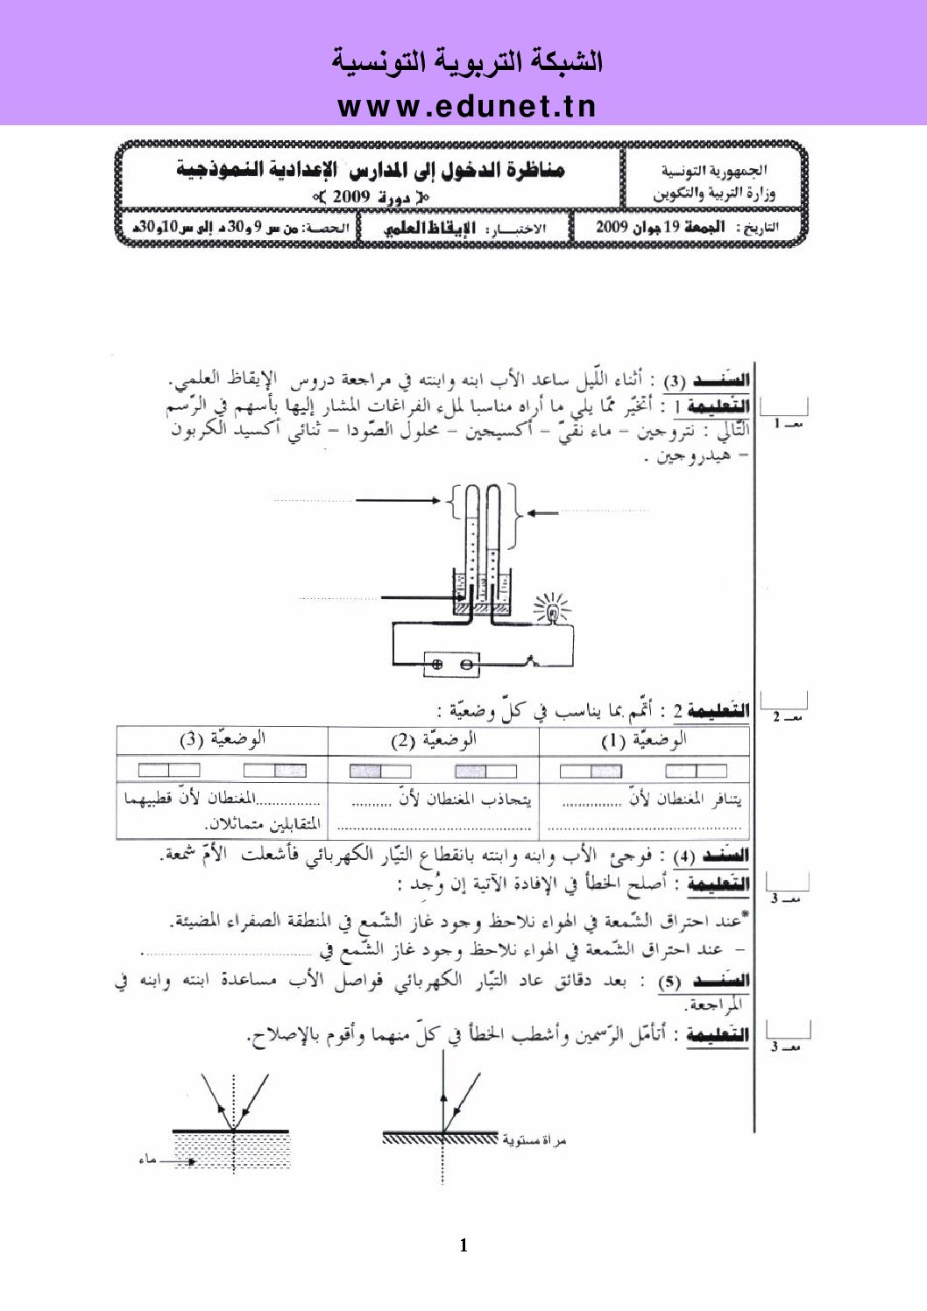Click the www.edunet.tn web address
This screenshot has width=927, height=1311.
pyautogui.click(x=466, y=106)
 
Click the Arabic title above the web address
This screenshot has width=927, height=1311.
pyautogui.click(x=466, y=61)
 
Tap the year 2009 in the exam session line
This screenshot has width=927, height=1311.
pyautogui.click(x=350, y=196)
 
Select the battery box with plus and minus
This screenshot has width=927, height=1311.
pyautogui.click(x=451, y=665)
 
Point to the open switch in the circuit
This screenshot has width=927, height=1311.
pyautogui.click(x=531, y=659)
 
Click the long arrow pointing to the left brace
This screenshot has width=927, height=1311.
pyautogui.click(x=399, y=501)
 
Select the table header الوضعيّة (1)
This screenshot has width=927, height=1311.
pyautogui.click(x=644, y=740)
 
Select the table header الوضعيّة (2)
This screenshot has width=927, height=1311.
pyautogui.click(x=433, y=740)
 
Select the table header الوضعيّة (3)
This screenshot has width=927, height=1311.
pyautogui.click(x=223, y=740)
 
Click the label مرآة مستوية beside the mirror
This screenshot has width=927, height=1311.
pyautogui.click(x=534, y=1140)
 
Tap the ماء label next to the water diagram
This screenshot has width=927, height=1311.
pyautogui.click(x=147, y=1159)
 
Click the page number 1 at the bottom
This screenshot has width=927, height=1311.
pyautogui.click(x=463, y=1245)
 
